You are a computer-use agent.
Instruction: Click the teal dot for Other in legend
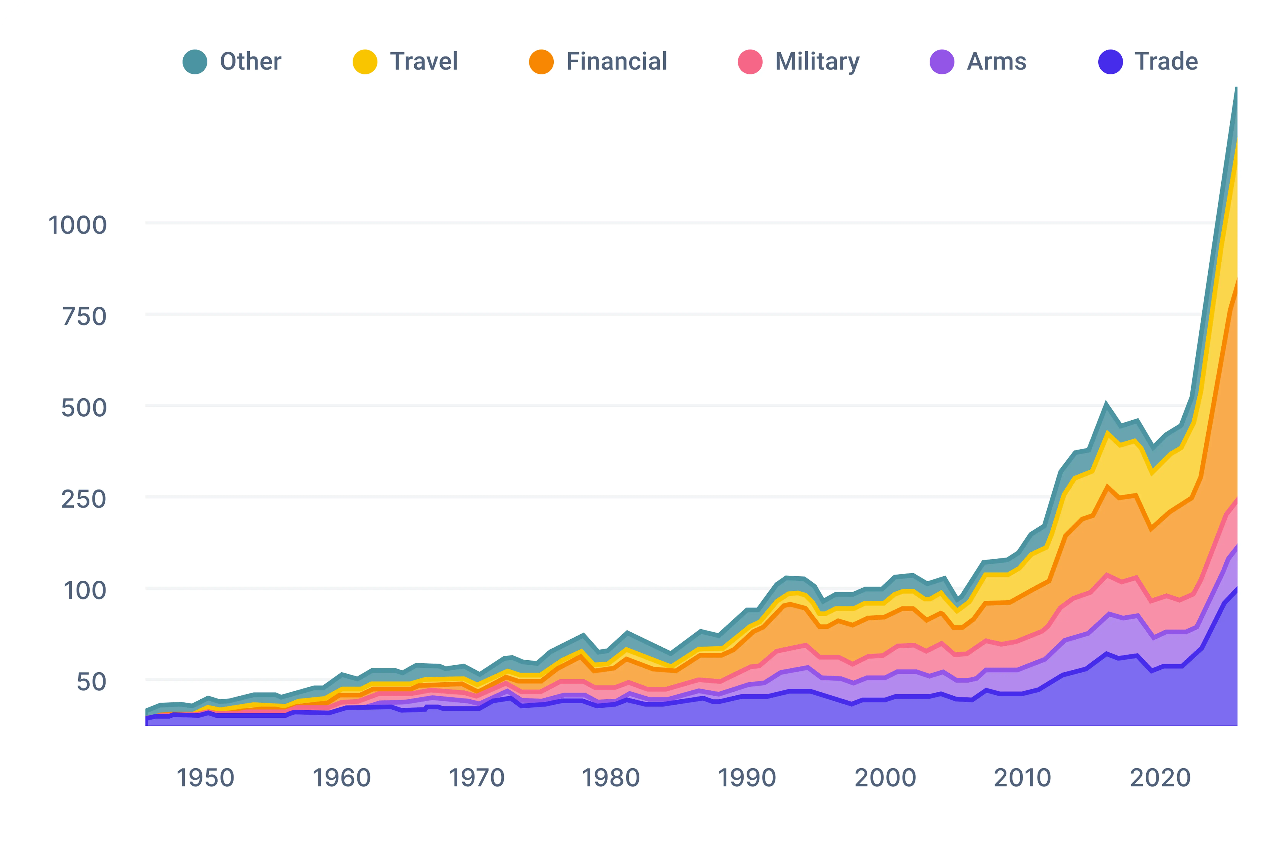coord(195,62)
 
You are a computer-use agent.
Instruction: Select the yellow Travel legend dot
coord(365,62)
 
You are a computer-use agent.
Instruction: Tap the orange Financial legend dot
coord(541,62)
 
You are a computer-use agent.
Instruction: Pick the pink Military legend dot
coord(750,62)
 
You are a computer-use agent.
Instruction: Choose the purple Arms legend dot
coord(942,62)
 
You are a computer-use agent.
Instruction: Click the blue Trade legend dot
coord(1111,62)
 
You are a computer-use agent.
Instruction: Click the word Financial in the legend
coord(617,62)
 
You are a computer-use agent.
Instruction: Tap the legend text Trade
coord(1166,62)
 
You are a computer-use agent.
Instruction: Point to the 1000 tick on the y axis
coord(77,225)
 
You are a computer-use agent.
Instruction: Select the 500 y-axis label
coord(84,408)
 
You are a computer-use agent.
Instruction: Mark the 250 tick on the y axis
coord(84,499)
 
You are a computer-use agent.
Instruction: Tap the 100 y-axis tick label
coord(85,590)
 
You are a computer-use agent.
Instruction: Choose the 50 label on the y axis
coord(91,682)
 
